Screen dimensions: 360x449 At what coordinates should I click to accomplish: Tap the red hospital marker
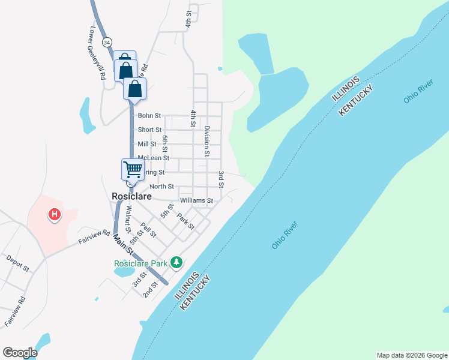pyautogui.click(x=55, y=214)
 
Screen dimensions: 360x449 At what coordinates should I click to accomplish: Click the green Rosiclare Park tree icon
pyautogui.click(x=176, y=262)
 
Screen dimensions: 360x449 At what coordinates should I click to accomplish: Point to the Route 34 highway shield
pyautogui.click(x=107, y=43)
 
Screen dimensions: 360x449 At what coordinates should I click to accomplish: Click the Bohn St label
pyautogui.click(x=149, y=115)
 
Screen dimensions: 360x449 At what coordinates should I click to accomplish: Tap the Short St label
pyautogui.click(x=149, y=130)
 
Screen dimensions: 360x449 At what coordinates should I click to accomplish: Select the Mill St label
pyautogui.click(x=147, y=144)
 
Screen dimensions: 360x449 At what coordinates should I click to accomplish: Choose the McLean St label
pyautogui.click(x=149, y=158)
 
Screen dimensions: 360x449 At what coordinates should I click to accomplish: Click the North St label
pyautogui.click(x=161, y=187)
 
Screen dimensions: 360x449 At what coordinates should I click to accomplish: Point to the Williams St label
pyautogui.click(x=196, y=200)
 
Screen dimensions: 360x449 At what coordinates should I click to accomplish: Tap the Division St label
pyautogui.click(x=206, y=141)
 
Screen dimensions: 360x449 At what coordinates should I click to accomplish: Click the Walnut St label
pyautogui.click(x=128, y=219)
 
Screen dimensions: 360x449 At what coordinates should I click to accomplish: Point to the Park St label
pyautogui.click(x=185, y=221)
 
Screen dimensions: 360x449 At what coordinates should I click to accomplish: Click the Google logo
pyautogui.click(x=20, y=353)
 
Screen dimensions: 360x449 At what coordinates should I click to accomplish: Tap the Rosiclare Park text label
pyautogui.click(x=141, y=263)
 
